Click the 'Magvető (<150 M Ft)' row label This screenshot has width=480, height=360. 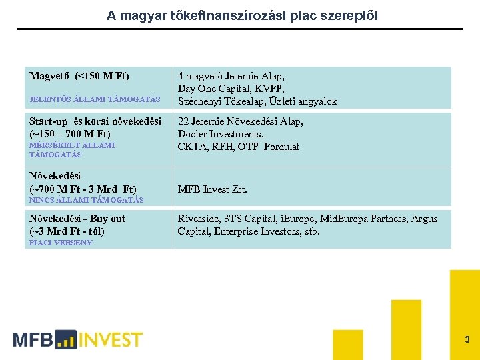tap(79, 75)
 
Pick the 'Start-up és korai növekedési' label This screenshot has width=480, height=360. tap(95, 121)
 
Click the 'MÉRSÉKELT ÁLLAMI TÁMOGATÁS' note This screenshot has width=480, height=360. tap(72, 149)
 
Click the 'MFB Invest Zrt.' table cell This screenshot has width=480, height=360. tap(212, 189)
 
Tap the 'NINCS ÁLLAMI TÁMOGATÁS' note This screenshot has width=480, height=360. tap(86, 200)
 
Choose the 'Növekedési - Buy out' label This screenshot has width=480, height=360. tap(77, 219)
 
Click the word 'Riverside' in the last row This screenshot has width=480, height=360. tap(198, 219)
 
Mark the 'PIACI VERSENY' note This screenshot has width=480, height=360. tap(61, 243)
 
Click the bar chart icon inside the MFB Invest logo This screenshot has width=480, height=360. tap(66, 340)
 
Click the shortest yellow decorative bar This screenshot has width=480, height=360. tap(347, 344)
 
